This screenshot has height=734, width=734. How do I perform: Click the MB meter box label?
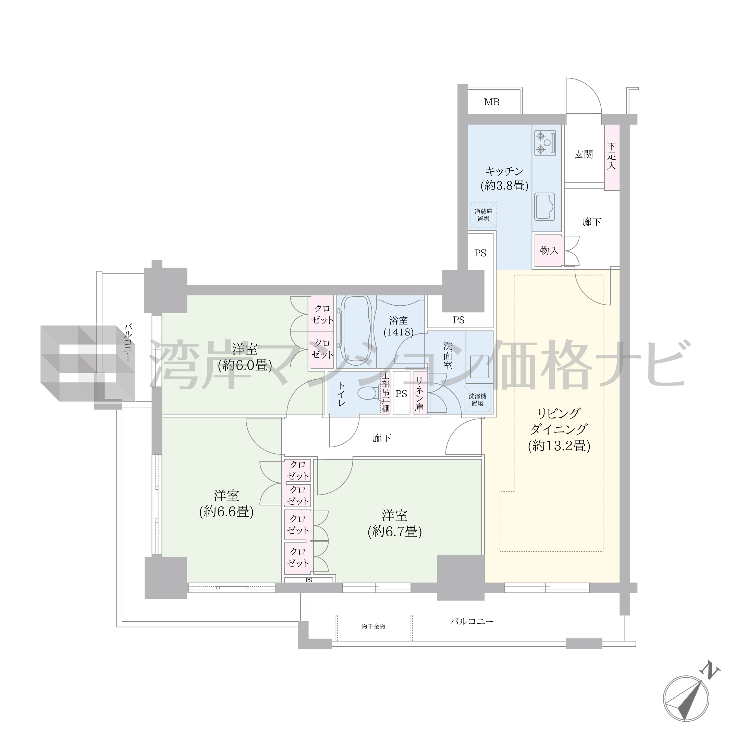pyautogui.click(x=492, y=102)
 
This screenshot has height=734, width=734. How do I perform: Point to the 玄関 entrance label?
pyautogui.click(x=584, y=154)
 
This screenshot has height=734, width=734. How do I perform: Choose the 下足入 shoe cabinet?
pyautogui.click(x=612, y=157)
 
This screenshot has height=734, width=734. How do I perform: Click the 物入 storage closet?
pyautogui.click(x=549, y=250)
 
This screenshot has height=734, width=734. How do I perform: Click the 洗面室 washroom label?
pyautogui.click(x=448, y=356)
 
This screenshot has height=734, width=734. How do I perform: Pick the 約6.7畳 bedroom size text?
pyautogui.click(x=395, y=532)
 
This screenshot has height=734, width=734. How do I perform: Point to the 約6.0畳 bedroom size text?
pyautogui.click(x=245, y=366)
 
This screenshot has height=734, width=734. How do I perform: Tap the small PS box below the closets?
pyautogui.click(x=309, y=580)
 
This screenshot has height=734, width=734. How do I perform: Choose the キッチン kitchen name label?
pyautogui.click(x=504, y=171)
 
